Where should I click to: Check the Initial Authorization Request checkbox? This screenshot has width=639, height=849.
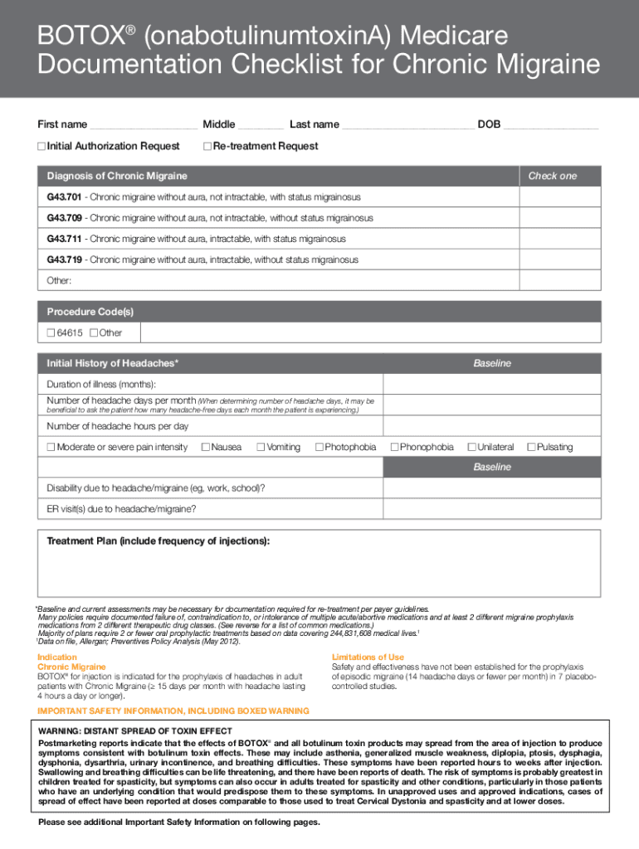(41, 147)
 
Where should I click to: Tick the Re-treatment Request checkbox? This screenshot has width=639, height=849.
(207, 147)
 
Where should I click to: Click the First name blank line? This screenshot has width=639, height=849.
(143, 125)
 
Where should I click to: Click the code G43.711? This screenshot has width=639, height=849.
(64, 239)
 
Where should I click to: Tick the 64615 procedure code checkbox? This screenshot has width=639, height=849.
(51, 332)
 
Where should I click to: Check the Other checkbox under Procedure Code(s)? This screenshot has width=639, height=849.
(93, 332)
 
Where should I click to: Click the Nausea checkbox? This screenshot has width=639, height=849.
(207, 447)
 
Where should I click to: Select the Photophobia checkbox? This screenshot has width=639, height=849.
(319, 447)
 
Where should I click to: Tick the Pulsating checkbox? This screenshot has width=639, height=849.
(532, 447)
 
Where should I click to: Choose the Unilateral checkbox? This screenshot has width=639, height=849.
(471, 447)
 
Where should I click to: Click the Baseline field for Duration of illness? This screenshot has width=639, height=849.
(491, 384)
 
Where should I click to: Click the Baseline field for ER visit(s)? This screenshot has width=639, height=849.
(491, 508)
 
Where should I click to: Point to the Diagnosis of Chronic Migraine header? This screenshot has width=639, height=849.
(117, 176)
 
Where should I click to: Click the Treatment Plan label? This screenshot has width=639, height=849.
(158, 541)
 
